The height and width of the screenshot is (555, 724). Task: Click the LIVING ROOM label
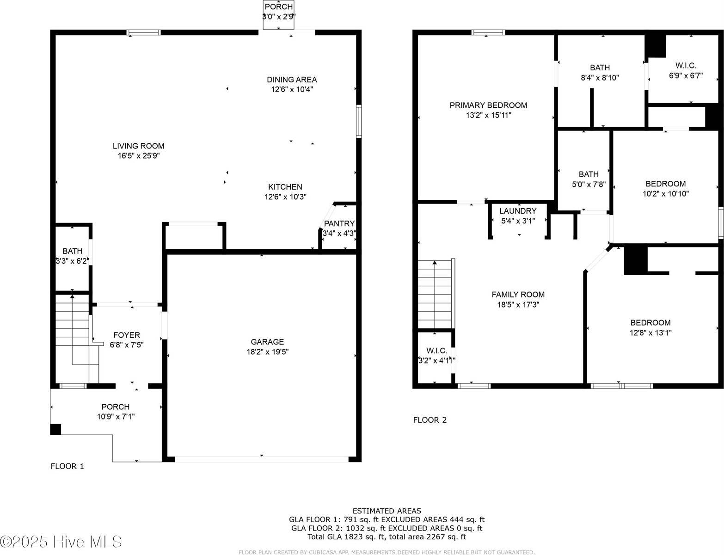138,146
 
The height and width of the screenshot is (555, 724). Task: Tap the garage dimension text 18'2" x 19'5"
267,352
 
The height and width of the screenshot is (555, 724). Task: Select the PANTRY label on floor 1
339,224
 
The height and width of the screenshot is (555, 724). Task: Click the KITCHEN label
285,187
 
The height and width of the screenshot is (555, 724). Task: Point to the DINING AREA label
292,80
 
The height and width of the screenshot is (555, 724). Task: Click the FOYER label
127,335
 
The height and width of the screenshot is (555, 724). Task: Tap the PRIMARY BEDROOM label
488,105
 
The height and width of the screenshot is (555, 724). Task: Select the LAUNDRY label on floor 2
518,211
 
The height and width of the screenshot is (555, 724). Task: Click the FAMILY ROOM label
518,295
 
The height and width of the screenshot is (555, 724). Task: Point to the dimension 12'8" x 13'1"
650,333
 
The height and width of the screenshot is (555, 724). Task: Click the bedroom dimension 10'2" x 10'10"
665,194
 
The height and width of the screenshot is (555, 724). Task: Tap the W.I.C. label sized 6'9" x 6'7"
686,66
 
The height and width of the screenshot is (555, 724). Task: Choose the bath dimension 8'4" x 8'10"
600,78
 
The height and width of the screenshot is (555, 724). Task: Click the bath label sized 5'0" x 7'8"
589,174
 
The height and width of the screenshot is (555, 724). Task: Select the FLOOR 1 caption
67,466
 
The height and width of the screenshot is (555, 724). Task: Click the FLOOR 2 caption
429,420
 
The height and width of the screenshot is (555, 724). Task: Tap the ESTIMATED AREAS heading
387,511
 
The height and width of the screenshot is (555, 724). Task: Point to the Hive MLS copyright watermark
61,542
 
